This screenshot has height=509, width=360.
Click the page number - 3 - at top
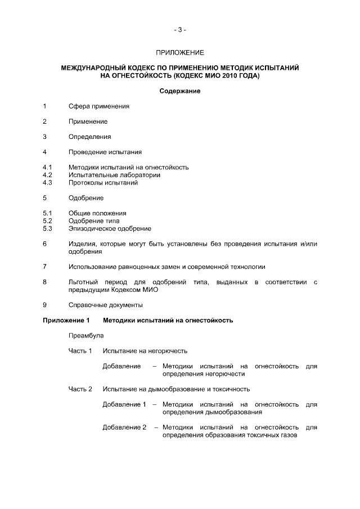click(x=180, y=30)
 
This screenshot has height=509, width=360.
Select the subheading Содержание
click(x=180, y=91)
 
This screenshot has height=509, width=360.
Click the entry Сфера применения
click(x=99, y=106)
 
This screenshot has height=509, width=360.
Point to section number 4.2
click(x=47, y=175)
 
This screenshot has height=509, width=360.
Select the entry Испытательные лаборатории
click(x=114, y=175)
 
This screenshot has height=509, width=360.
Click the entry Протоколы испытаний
click(x=103, y=183)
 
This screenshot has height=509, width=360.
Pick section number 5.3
click(x=47, y=228)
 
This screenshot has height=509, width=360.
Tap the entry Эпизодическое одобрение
click(x=110, y=228)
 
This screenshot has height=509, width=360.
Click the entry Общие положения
click(x=97, y=213)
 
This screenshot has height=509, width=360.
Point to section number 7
click(x=44, y=267)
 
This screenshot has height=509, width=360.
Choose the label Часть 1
click(x=80, y=351)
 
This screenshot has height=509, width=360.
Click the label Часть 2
click(x=80, y=389)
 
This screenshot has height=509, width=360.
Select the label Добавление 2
click(x=124, y=427)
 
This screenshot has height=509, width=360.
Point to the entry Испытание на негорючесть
click(x=145, y=351)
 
